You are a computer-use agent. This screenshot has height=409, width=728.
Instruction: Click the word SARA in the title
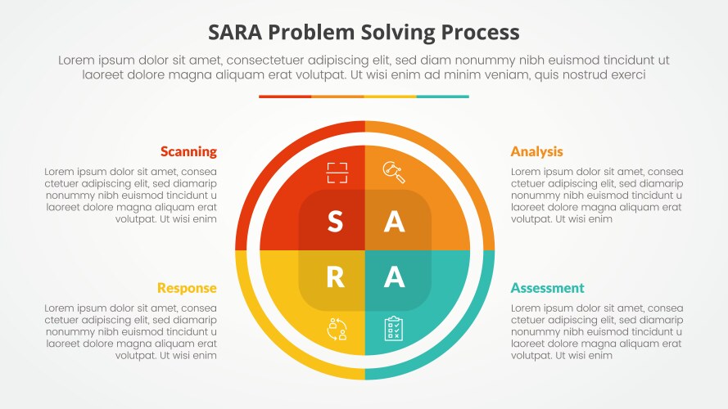pos(237,33)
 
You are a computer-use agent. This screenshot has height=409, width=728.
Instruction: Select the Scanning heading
pos(188,151)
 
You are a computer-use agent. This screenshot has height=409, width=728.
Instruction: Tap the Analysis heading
pos(536,151)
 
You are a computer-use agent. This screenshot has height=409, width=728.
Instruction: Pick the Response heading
pos(187,288)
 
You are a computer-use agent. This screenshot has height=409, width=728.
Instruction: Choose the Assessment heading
pos(547,288)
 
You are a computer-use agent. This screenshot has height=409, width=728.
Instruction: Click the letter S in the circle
pos(335,222)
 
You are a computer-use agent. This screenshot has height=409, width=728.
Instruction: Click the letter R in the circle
pos(335,278)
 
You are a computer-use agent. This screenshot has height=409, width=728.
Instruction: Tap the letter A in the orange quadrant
pos(395,222)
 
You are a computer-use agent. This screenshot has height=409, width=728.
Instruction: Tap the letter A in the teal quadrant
pos(395,278)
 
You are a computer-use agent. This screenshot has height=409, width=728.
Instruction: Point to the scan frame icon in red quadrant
pos(337,172)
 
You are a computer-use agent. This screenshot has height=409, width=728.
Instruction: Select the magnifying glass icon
pos(394,171)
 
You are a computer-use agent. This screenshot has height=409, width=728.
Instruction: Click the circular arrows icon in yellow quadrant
pos(337,329)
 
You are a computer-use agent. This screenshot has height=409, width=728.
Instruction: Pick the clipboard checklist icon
pos(394,329)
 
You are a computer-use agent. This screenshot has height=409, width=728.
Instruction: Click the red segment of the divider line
pos(285,97)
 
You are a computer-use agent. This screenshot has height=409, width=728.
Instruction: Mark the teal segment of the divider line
pos(442,97)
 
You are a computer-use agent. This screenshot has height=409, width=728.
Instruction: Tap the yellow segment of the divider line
pos(390,97)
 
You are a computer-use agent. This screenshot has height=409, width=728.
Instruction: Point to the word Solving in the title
pos(398,33)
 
